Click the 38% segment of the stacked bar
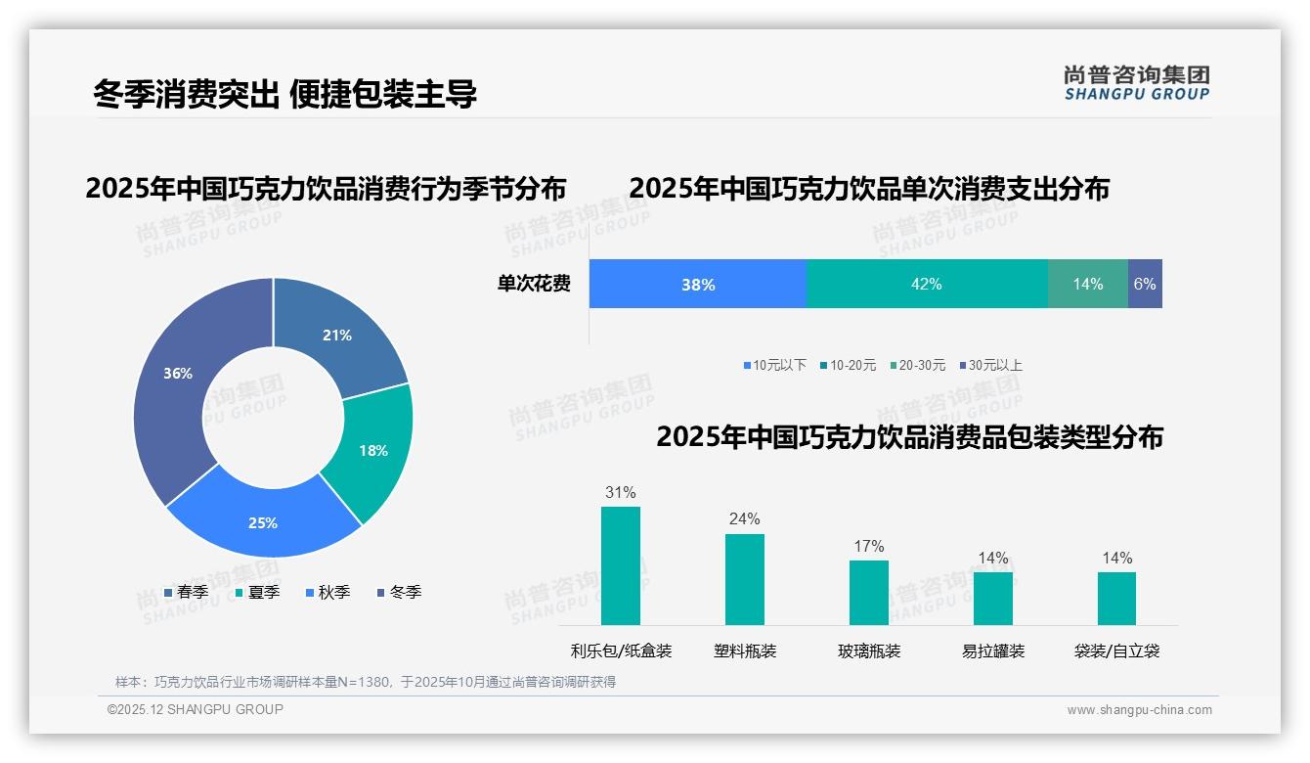tap(698, 284)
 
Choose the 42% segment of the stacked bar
tap(926, 284)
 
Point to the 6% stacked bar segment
tap(1145, 284)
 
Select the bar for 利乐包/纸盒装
tap(621, 565)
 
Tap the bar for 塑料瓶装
tap(745, 579)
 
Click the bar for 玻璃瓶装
tap(869, 592)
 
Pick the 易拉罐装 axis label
tap(993, 651)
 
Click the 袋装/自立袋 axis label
tap(1116, 651)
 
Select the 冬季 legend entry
tap(399, 593)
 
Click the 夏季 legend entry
tap(257, 593)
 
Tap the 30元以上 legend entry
tap(989, 366)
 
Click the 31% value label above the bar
tap(621, 493)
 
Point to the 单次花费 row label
tap(534, 285)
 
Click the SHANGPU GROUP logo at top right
tap(1136, 83)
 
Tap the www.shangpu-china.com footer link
tap(1139, 710)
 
